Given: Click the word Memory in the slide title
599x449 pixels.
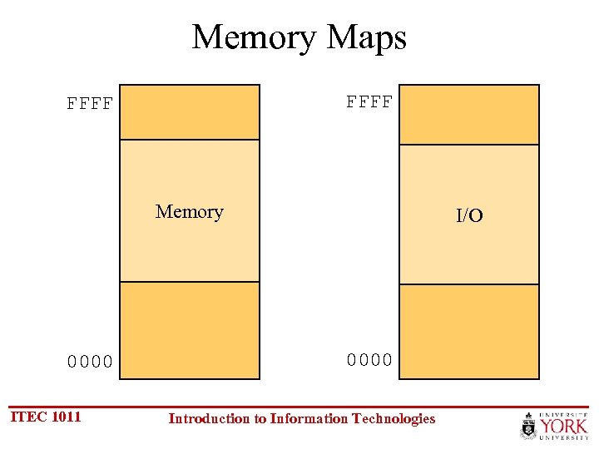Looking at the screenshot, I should [254, 37].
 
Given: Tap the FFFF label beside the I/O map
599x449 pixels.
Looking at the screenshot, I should [369, 102].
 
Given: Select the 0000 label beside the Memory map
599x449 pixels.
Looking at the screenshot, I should [90, 362].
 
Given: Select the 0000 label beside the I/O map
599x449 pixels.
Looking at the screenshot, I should [369, 360].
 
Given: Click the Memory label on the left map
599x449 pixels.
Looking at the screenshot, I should [190, 211].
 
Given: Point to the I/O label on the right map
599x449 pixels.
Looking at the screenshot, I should [469, 216].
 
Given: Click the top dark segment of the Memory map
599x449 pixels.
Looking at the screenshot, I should [190, 112].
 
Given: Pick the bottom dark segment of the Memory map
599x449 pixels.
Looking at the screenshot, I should [190, 330].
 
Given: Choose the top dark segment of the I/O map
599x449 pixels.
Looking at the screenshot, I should [469, 115].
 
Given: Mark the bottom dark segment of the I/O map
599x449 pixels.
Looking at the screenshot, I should [469, 332].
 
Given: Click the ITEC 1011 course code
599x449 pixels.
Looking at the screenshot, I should [45, 417].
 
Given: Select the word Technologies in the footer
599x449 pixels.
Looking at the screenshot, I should [394, 419].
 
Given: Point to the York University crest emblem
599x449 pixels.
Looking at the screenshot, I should [527, 427].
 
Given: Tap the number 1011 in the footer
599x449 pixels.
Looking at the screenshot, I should [67, 417].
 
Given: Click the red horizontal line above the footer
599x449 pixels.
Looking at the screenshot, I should [299, 407].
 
